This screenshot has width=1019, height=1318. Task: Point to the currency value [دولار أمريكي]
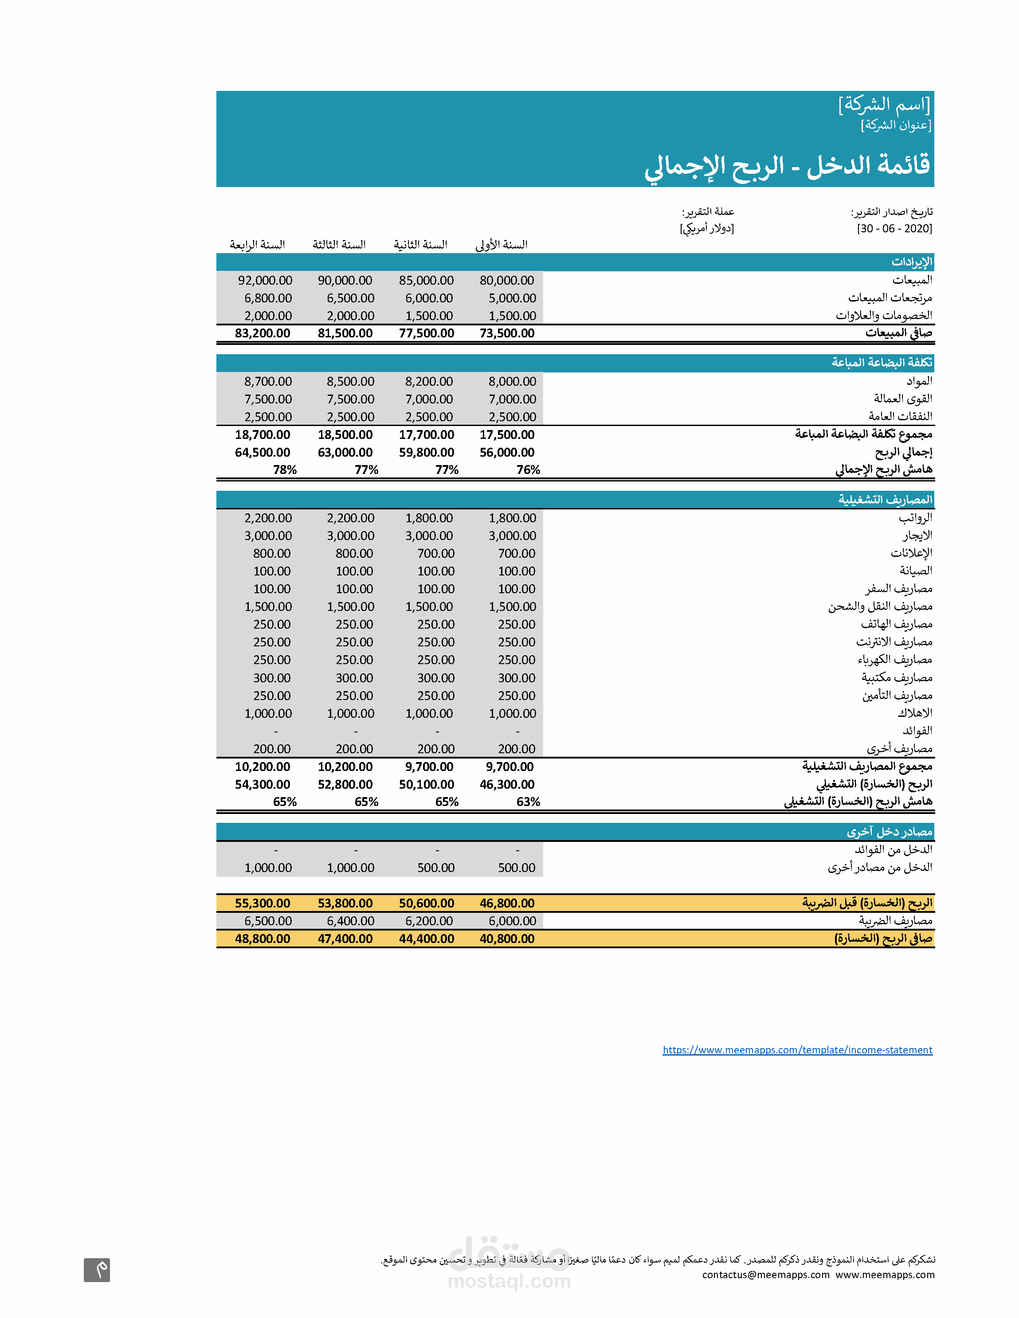click(707, 229)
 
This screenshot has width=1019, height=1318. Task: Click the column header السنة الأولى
click(502, 244)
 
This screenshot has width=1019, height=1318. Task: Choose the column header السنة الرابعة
click(257, 244)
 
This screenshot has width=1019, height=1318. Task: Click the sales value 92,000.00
click(265, 281)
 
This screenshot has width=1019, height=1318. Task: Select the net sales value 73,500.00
click(507, 333)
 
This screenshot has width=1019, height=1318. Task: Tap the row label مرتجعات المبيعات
click(890, 297)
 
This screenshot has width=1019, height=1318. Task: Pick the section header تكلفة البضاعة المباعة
click(882, 362)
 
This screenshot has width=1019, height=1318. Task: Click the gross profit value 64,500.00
click(263, 453)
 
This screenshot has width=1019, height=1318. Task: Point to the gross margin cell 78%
click(285, 470)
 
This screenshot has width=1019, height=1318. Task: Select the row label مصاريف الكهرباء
click(895, 660)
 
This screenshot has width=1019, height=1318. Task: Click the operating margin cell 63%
click(528, 802)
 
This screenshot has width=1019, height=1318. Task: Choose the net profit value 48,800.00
click(263, 939)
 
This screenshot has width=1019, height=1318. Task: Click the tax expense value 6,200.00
click(429, 921)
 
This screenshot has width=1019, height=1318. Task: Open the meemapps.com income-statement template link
click(797, 1050)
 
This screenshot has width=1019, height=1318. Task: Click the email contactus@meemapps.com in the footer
click(765, 1275)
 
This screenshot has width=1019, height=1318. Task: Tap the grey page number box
click(97, 1270)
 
